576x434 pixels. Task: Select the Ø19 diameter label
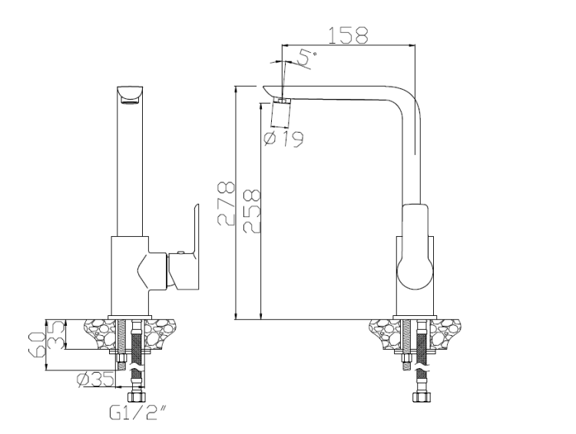[x=283, y=138]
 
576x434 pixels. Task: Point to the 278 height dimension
[x=223, y=204]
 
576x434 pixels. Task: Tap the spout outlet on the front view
[x=130, y=95]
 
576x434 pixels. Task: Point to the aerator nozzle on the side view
[x=283, y=100]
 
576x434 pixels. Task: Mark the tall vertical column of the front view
[x=129, y=169]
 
